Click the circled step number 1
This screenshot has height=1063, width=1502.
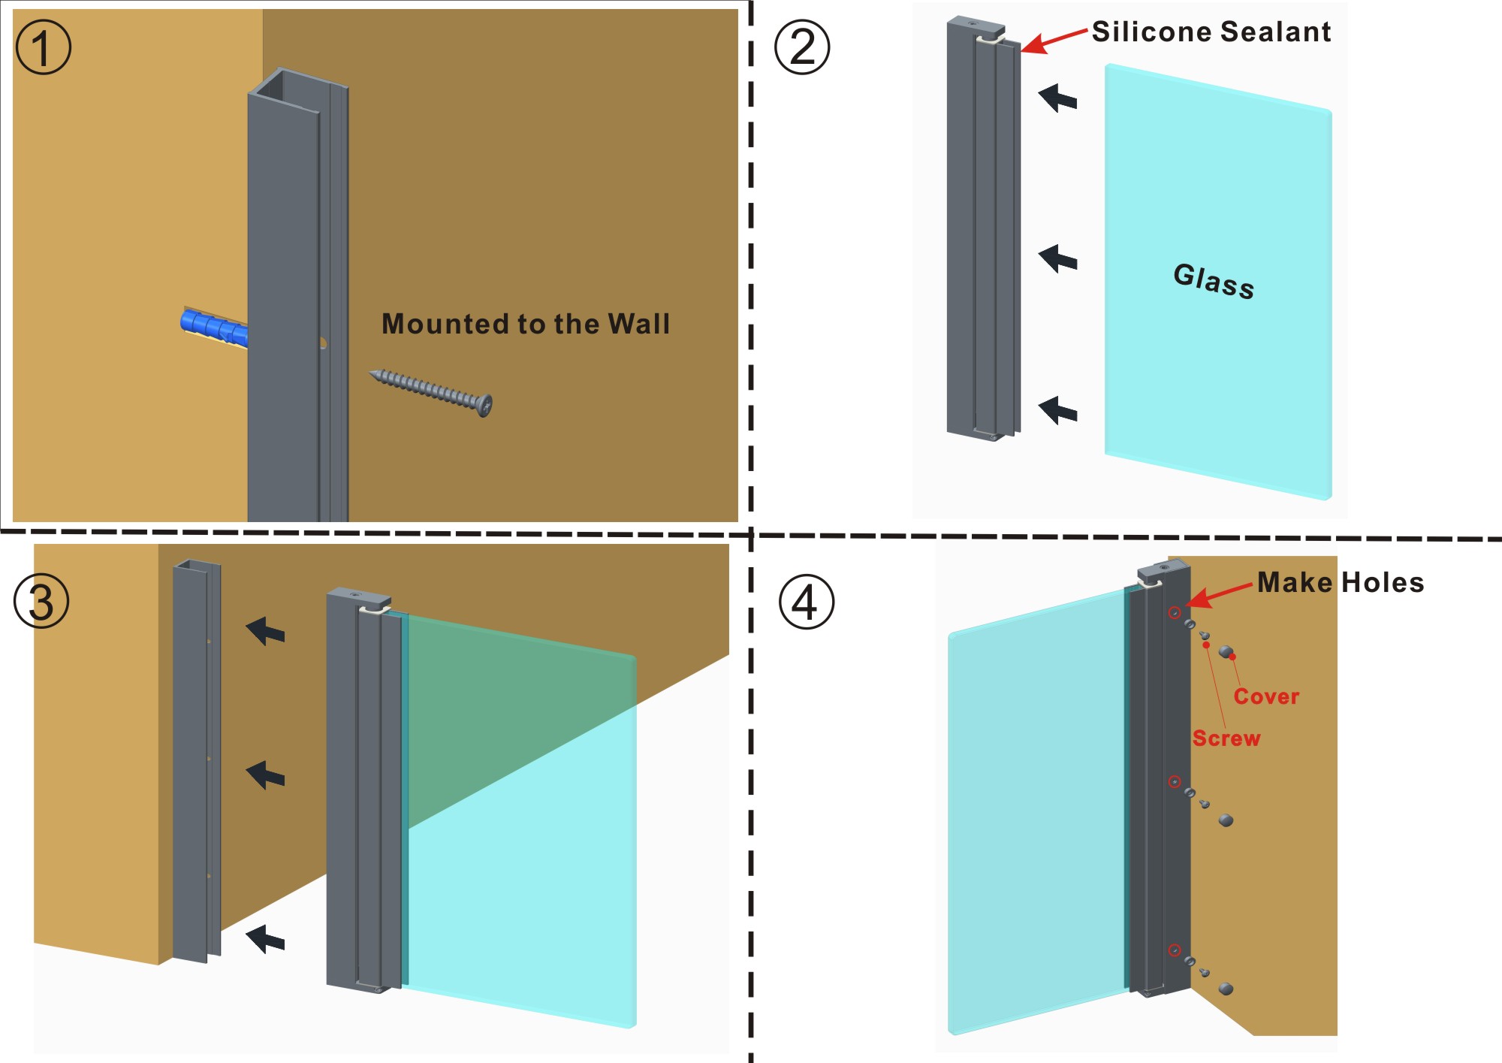[43, 47]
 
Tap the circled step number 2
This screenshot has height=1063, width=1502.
[802, 47]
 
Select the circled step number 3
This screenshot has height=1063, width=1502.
[42, 602]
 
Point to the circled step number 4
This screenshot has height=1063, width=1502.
[806, 602]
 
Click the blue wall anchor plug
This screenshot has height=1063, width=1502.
[214, 328]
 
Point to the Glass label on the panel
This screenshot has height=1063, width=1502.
[1214, 281]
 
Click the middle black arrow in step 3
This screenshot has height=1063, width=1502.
[266, 775]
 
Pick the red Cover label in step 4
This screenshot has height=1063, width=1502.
[1266, 696]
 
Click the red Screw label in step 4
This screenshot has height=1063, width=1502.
[1226, 738]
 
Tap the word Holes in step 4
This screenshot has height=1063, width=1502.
[1383, 582]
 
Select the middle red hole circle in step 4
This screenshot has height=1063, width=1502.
[1175, 782]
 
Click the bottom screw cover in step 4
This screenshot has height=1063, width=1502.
[1226, 989]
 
